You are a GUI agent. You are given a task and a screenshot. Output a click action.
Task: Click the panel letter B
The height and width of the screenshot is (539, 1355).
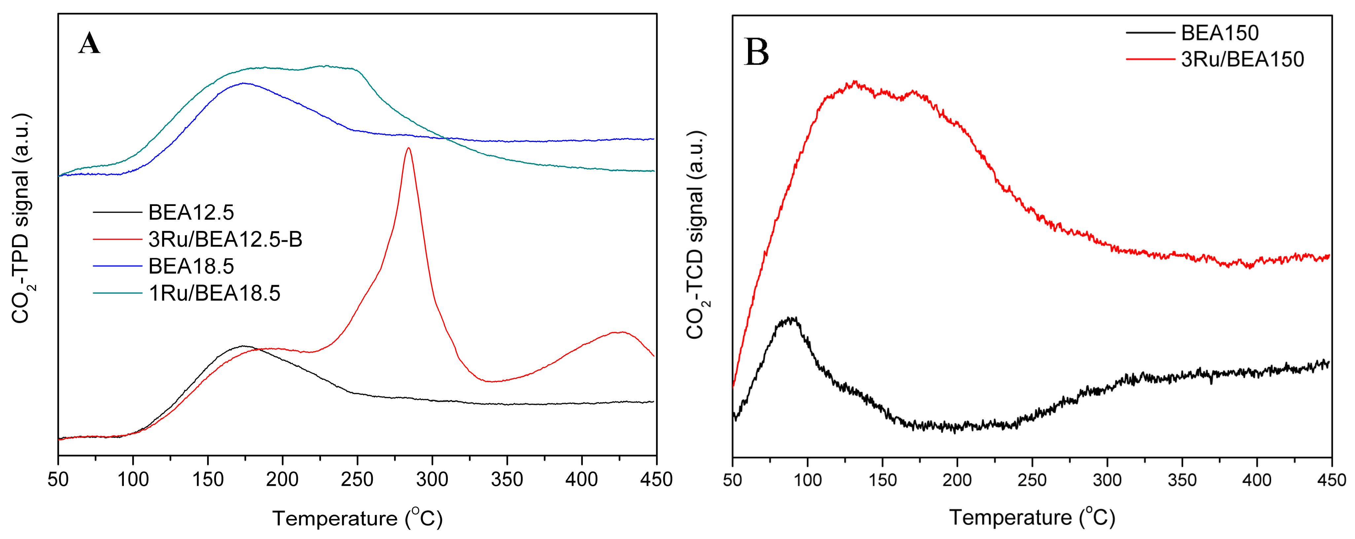756,52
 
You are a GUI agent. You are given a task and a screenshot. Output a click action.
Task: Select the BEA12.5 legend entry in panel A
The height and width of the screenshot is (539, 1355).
191,213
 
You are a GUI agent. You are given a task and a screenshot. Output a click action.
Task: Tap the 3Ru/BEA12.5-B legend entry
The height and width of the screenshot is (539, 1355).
225,239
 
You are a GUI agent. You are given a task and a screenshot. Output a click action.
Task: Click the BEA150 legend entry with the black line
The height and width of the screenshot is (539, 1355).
1219,33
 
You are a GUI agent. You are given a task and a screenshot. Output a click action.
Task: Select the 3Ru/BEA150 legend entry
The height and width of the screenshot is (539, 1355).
1242,59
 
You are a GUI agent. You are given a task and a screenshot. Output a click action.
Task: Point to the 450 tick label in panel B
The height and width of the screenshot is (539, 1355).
1331,480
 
